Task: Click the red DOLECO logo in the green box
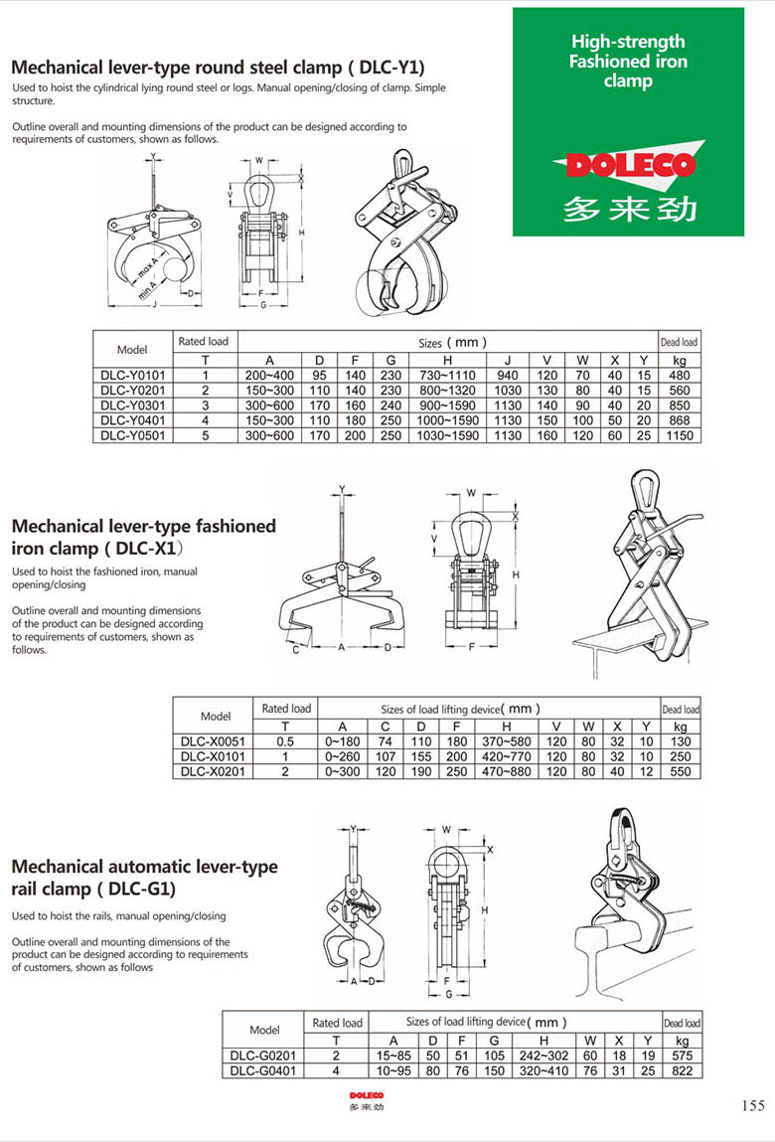(629, 165)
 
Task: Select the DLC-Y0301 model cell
(132, 405)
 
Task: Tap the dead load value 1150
(680, 435)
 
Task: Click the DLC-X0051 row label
(215, 741)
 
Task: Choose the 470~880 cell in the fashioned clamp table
(507, 771)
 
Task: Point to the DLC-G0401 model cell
(264, 1071)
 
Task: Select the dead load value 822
(682, 1071)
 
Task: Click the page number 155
(752, 1105)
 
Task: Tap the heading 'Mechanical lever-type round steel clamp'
(218, 68)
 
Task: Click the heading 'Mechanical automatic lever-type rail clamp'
(144, 878)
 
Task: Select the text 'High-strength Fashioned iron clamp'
(628, 61)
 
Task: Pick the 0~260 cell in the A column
(342, 756)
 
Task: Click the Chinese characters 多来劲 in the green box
(629, 208)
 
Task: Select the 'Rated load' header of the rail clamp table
(337, 1023)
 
